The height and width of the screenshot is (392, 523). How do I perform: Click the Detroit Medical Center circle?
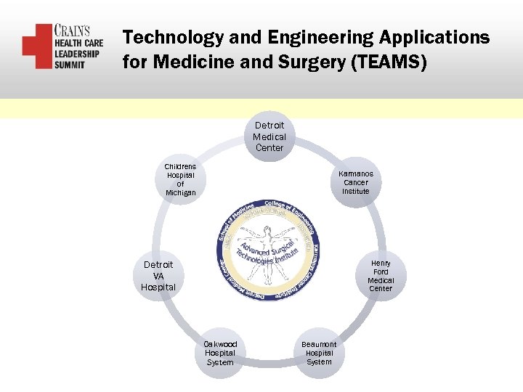point(269,136)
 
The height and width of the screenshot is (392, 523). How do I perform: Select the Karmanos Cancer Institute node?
point(356,183)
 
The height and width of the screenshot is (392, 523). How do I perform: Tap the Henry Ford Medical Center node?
point(380,276)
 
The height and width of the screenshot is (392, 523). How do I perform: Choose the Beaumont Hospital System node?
point(319,353)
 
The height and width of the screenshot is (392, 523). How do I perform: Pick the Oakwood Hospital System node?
point(220,353)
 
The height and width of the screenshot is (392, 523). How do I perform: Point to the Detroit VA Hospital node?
point(158,276)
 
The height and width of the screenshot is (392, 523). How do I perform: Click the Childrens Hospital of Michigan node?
point(180,180)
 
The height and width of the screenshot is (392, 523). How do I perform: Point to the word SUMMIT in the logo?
point(70,64)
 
